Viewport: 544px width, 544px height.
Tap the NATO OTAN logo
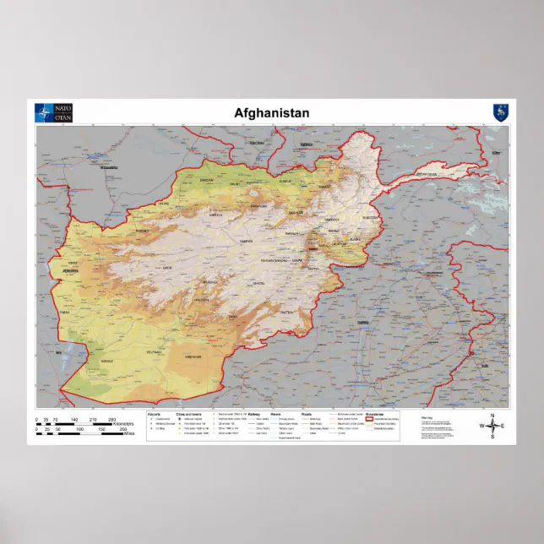(x=54, y=113)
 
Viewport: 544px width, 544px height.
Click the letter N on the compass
(x=492, y=414)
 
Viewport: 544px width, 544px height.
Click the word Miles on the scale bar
(x=128, y=434)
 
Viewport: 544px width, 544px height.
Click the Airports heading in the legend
(x=154, y=414)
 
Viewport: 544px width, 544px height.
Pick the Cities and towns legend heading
(x=188, y=414)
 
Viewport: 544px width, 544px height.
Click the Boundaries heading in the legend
(x=374, y=414)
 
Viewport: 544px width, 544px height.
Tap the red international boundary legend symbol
(x=370, y=419)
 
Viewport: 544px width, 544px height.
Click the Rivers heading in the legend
(x=275, y=414)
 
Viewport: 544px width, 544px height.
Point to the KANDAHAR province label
(x=193, y=357)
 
